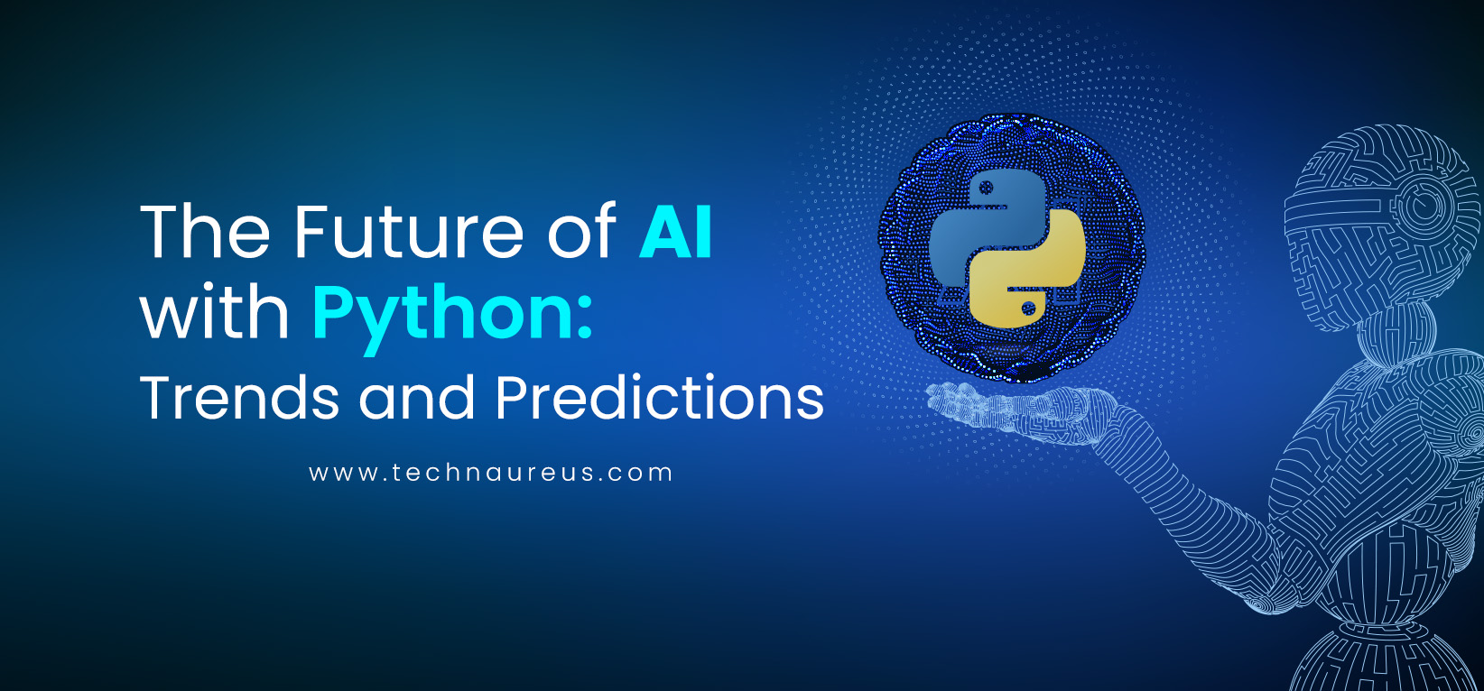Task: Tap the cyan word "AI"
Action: point(676,231)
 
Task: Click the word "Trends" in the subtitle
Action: point(239,396)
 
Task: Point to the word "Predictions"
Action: point(660,396)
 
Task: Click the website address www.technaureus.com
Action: point(491,473)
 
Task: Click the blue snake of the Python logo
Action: point(974,225)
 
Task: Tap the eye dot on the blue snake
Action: point(987,188)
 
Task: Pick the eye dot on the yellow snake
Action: point(1028,309)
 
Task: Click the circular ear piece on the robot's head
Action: point(1431,205)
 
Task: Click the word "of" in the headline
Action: point(581,231)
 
